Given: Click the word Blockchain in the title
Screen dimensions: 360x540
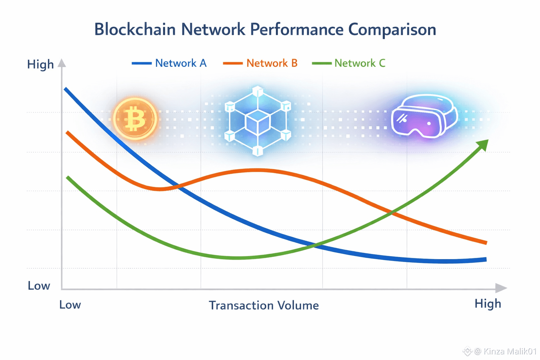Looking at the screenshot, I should pos(135,29).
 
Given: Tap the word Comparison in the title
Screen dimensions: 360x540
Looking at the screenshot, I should pos(392,30).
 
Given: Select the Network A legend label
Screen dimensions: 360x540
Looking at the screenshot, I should pos(181,63).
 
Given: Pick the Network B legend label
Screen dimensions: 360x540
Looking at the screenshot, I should pos(272,63).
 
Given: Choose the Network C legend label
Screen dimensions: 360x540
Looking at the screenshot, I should pos(360,63).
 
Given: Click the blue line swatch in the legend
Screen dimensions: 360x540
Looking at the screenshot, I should pos(142,63).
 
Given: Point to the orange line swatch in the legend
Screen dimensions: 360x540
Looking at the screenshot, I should pos(233,63).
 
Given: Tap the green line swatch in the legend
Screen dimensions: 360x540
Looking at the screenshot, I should pos(322,63).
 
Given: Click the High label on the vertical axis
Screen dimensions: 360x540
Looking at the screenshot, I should pos(40,65).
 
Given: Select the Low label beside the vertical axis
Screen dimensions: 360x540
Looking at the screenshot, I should pos(39,286).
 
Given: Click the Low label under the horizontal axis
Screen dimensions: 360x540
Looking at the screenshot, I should pos(70,305).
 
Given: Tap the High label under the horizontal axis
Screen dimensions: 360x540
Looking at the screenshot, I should pos(488,303).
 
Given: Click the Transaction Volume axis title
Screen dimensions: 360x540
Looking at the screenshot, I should pos(264,305).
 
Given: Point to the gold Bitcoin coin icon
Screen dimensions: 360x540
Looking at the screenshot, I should pos(135,119).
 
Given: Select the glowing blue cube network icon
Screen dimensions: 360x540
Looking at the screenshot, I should pos(258,121).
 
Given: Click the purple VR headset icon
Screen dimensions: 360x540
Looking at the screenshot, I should pos(424,116).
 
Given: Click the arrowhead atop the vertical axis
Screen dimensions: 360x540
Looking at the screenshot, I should pos(62,63).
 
